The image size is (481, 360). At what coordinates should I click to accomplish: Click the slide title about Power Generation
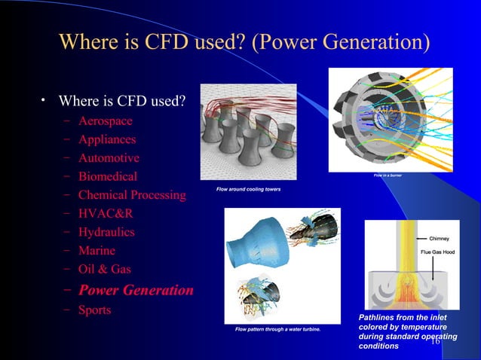(x=244, y=40)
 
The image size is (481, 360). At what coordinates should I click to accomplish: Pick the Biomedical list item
(x=108, y=177)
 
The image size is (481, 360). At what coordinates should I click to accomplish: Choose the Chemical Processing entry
(x=132, y=195)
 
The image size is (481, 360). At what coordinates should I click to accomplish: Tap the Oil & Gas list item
(x=104, y=269)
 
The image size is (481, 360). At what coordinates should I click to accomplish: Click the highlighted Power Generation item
(x=136, y=290)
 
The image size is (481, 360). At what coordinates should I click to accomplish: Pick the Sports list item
(x=94, y=310)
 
